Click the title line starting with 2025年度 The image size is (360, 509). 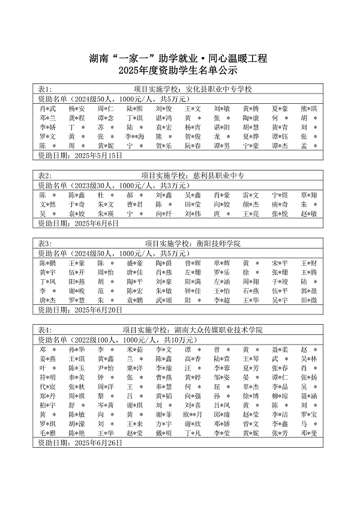tap(179, 72)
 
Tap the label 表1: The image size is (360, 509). tap(45, 89)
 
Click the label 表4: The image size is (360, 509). tap(45, 330)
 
